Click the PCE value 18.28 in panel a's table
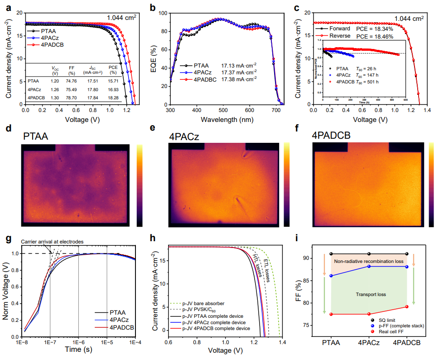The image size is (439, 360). [x=113, y=97]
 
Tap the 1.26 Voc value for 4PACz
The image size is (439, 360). [x=55, y=89]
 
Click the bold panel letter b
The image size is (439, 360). [x=153, y=7]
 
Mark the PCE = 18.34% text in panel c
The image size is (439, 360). [x=377, y=29]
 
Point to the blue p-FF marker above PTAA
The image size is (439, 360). [x=332, y=276]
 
